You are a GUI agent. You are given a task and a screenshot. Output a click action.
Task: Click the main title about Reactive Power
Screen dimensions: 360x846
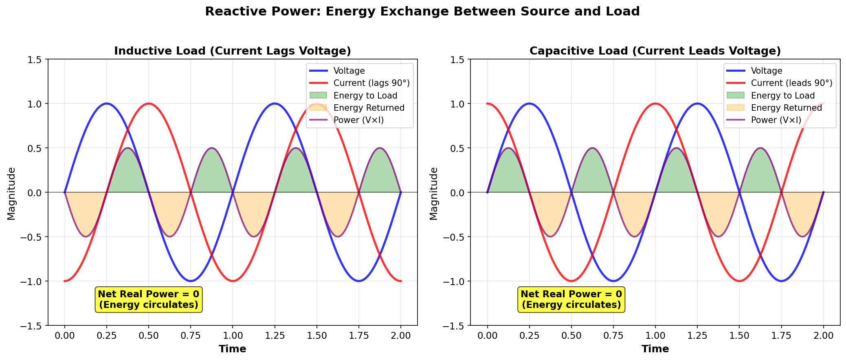[x=422, y=11]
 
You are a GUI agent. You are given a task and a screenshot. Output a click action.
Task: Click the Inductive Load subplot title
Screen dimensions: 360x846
[x=232, y=51]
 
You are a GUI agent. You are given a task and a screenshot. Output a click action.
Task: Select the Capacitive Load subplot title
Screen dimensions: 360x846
[x=655, y=51]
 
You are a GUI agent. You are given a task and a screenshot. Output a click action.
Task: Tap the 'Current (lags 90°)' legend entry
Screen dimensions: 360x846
[x=371, y=83]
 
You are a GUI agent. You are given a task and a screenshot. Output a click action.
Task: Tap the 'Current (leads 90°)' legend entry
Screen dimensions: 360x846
[x=791, y=83]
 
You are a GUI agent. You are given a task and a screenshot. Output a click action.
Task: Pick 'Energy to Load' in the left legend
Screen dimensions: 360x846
[x=365, y=95]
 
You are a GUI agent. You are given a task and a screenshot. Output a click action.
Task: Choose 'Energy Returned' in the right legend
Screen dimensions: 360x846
[x=786, y=108]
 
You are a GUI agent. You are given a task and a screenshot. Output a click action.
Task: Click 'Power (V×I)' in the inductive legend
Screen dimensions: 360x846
[x=358, y=120]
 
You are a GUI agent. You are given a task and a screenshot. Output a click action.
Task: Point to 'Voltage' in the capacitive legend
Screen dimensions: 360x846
[x=767, y=71]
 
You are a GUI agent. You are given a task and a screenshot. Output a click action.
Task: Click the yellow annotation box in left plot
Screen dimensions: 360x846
[x=149, y=299]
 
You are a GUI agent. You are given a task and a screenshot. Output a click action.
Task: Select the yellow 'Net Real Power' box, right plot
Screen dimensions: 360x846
[x=571, y=299]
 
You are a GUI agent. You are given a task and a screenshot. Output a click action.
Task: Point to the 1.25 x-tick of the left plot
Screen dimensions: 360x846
[x=275, y=336]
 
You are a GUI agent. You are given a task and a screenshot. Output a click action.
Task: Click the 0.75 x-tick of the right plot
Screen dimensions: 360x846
[x=613, y=336]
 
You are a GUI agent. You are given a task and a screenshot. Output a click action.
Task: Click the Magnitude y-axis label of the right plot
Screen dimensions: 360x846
[x=434, y=193]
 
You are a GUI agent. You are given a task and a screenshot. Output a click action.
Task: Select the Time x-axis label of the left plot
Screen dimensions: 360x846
[x=232, y=349]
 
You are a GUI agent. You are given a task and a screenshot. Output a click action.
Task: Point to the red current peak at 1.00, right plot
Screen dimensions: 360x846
[x=655, y=103]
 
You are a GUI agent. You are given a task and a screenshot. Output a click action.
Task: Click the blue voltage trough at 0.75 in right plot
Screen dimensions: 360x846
[x=613, y=281]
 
